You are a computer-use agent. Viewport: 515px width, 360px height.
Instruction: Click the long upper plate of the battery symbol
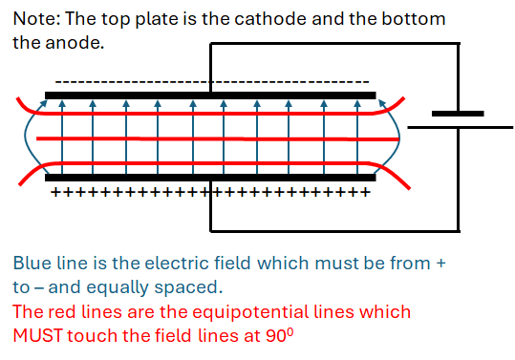[458, 114]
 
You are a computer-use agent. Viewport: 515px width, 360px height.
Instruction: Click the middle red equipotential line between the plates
[210, 138]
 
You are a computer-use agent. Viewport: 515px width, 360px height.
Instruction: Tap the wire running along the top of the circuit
[334, 44]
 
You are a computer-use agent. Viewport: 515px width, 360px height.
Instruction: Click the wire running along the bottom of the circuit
[334, 231]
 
